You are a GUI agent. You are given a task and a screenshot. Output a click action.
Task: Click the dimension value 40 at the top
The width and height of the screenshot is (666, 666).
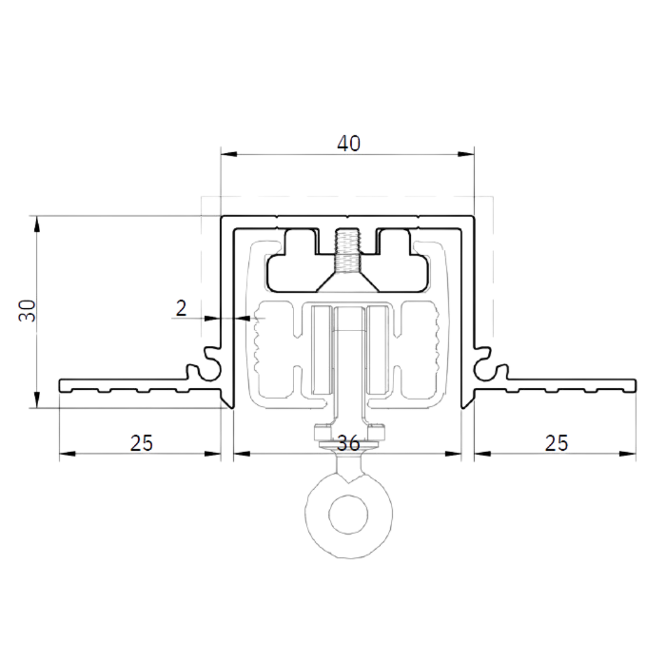[348, 144]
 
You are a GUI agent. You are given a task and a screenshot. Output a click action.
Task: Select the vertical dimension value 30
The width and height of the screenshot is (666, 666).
[28, 310]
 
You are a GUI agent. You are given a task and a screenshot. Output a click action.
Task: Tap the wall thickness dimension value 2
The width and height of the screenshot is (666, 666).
[181, 308]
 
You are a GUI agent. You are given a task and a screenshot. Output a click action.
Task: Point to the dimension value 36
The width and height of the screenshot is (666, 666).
[348, 443]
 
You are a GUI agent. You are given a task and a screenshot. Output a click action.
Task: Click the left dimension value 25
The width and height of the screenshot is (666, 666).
[141, 443]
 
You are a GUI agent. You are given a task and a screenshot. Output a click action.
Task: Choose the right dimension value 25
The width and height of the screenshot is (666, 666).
[556, 443]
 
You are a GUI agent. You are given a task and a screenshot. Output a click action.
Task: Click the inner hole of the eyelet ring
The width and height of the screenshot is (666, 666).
[348, 514]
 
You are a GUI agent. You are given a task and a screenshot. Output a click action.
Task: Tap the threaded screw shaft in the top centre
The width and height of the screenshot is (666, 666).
[347, 251]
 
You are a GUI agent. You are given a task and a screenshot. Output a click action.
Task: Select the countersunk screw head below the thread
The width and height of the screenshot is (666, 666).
[348, 283]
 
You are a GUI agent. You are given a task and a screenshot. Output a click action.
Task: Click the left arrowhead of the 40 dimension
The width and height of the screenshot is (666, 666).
[229, 154]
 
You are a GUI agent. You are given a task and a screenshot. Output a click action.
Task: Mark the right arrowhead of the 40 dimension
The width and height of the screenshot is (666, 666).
[466, 154]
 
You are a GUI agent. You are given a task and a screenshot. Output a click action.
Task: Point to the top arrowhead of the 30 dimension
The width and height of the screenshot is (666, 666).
[37, 224]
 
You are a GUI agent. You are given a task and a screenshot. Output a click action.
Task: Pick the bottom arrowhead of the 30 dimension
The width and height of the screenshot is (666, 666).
[37, 400]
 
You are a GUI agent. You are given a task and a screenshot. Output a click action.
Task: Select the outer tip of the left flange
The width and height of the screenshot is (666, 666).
[59, 385]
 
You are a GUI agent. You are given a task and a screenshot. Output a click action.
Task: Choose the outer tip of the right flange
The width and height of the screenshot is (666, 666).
[636, 385]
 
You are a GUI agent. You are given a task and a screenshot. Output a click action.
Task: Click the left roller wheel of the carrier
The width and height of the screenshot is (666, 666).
[323, 350]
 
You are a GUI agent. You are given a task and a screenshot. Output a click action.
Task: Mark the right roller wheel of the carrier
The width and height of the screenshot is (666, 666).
[377, 350]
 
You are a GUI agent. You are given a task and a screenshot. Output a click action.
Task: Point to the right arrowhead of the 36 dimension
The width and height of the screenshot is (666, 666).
[453, 454]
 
